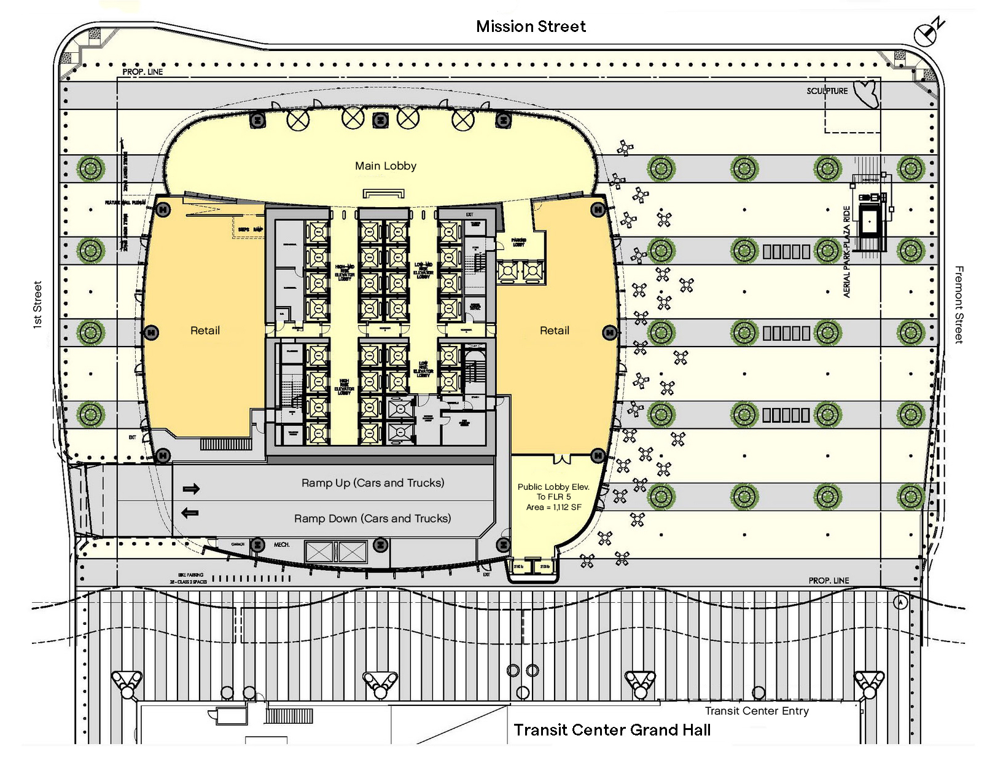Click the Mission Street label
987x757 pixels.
click(x=531, y=26)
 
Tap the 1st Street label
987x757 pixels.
click(x=37, y=305)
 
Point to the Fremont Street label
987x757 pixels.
click(x=959, y=305)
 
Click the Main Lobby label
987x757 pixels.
click(x=386, y=166)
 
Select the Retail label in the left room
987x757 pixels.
click(x=205, y=331)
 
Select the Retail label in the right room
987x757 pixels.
click(x=555, y=331)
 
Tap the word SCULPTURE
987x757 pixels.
click(x=827, y=91)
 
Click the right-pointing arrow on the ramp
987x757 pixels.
click(x=191, y=489)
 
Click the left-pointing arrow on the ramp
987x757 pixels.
click(x=190, y=512)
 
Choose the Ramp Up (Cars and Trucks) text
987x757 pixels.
click(x=373, y=483)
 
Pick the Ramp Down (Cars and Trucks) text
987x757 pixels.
click(x=372, y=519)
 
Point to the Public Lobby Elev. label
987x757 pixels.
click(x=553, y=487)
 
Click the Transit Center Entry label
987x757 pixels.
click(x=757, y=711)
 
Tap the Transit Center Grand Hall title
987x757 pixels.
click(x=612, y=730)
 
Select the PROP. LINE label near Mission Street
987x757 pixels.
click(x=142, y=72)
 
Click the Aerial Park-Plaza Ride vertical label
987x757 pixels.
click(x=847, y=252)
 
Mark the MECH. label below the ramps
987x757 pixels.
click(x=281, y=544)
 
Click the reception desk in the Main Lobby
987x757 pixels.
click(x=384, y=194)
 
